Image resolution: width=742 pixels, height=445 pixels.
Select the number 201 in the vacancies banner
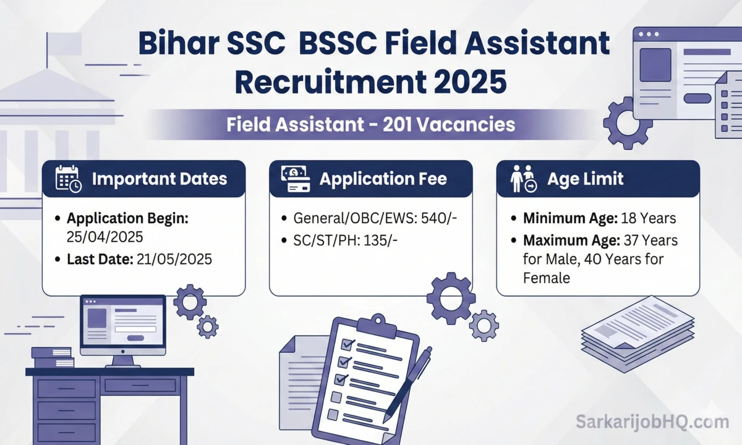pyautogui.click(x=398, y=125)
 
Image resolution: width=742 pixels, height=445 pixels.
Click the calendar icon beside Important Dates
pyautogui.click(x=67, y=179)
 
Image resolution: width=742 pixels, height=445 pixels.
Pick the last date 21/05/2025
pyautogui.click(x=173, y=260)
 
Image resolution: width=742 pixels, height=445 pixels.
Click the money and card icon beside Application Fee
pyautogui.click(x=295, y=179)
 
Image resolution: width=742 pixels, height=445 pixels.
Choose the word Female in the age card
pyautogui.click(x=547, y=278)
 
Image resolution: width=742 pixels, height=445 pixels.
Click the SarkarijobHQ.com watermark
pyautogui.click(x=652, y=423)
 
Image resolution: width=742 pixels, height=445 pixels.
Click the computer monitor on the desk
pyautogui.click(x=122, y=324)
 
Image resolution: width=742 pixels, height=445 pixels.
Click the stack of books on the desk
pyautogui.click(x=53, y=357)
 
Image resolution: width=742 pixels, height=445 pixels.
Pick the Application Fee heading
pyautogui.click(x=383, y=179)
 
